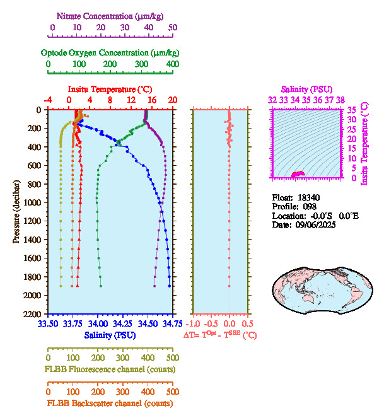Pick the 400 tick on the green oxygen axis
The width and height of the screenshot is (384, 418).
[x=172, y=64]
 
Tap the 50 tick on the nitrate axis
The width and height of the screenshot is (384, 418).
[x=172, y=28]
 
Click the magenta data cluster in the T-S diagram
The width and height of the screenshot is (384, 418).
[x=298, y=174]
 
